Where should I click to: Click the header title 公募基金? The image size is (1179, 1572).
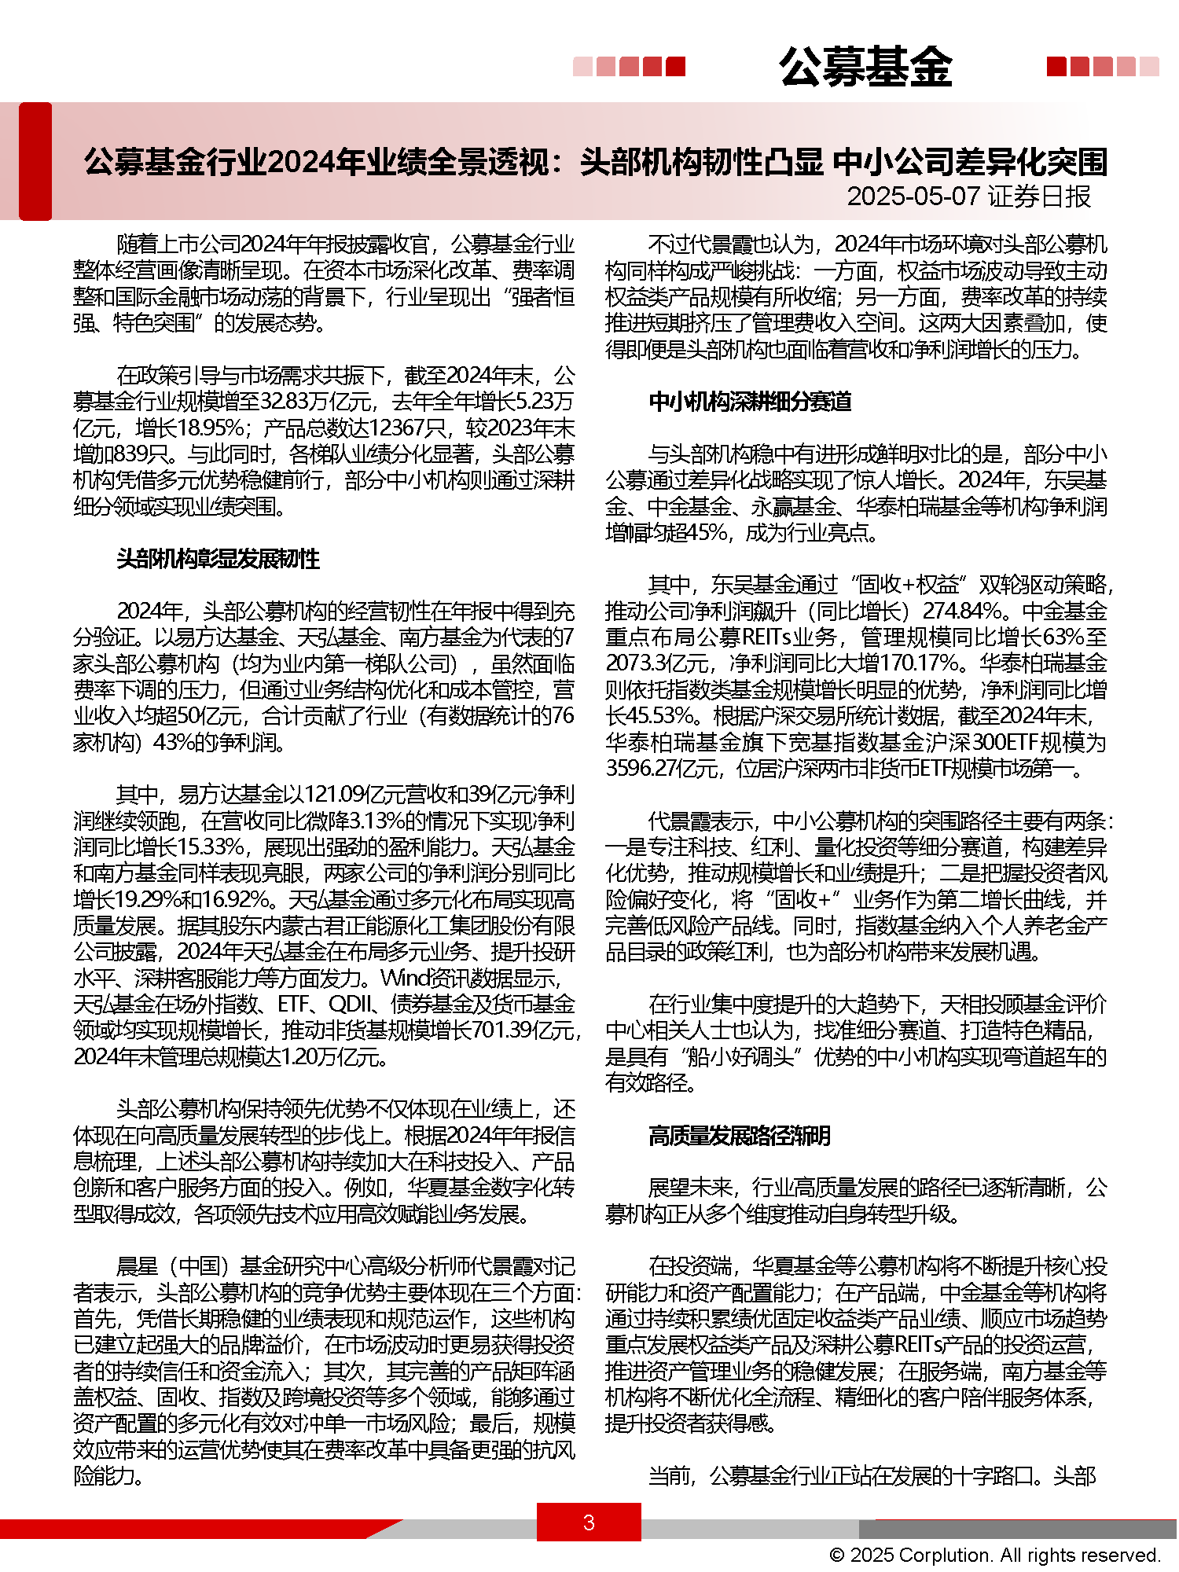(x=865, y=67)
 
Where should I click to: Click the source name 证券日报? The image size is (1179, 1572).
(x=1039, y=196)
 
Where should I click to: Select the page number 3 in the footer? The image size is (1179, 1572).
(x=589, y=1522)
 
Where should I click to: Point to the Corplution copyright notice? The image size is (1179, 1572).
(x=994, y=1555)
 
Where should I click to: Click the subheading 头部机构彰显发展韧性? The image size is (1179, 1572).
(x=219, y=559)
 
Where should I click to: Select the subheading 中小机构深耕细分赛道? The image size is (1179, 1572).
(x=750, y=402)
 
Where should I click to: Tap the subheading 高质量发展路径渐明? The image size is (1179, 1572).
(x=740, y=1136)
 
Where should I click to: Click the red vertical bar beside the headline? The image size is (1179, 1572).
(x=35, y=161)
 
